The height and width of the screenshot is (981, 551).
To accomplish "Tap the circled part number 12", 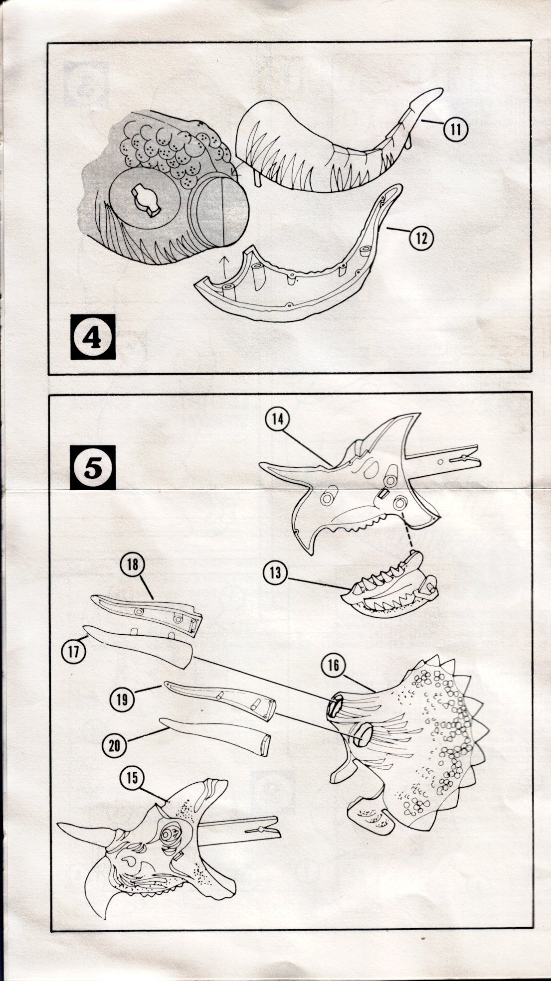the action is click(421, 238).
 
